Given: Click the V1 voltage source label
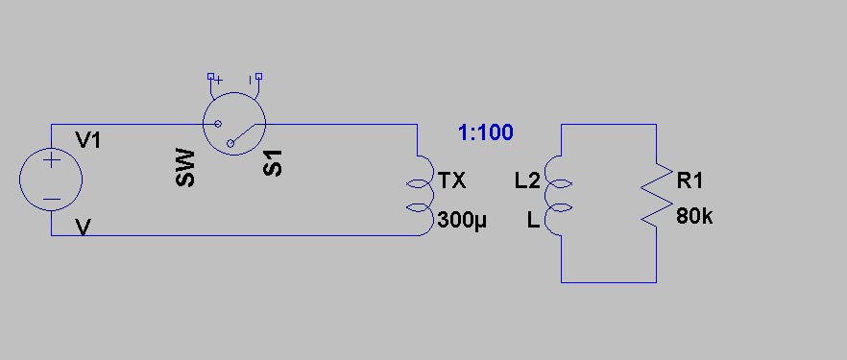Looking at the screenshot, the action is [x=88, y=141].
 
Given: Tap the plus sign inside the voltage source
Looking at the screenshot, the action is [x=51, y=160].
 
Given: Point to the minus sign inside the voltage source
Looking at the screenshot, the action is [x=51, y=199].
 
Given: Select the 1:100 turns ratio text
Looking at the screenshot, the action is [x=486, y=132].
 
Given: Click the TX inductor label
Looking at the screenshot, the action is [x=452, y=180].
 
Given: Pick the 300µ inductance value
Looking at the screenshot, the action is [x=462, y=220].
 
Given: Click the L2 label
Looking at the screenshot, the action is [x=527, y=181].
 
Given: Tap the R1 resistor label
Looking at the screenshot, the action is [x=690, y=180].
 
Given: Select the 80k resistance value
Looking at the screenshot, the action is [x=694, y=217].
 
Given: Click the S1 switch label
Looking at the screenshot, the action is [x=273, y=162].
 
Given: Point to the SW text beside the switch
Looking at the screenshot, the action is [x=184, y=168].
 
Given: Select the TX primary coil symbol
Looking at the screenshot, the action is [x=422, y=196].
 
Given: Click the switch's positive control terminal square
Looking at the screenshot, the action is [x=210, y=76].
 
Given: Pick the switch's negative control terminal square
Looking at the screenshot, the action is [x=259, y=76].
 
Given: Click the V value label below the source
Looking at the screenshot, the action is [x=83, y=228].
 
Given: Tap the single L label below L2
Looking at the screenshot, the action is [x=533, y=220].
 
